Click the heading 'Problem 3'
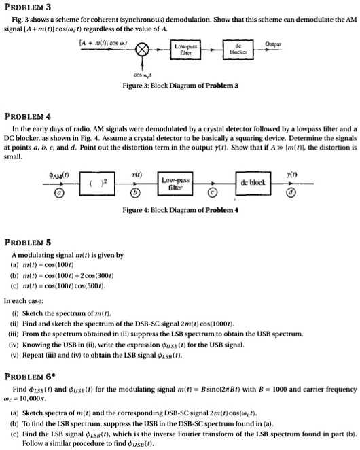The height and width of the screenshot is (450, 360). (x=27, y=7)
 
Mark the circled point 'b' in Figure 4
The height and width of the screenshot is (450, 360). (x=136, y=198)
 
